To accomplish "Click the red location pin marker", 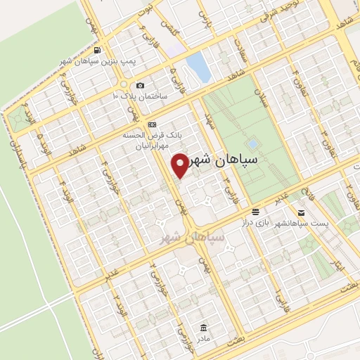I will (180, 165).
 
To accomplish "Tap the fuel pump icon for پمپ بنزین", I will (96, 51).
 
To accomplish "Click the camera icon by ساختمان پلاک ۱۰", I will (140, 84).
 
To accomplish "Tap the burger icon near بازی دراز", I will (255, 212).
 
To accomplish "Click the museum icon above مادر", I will (203, 328).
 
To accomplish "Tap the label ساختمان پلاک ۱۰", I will (140, 95).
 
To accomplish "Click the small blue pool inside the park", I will (252, 144).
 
